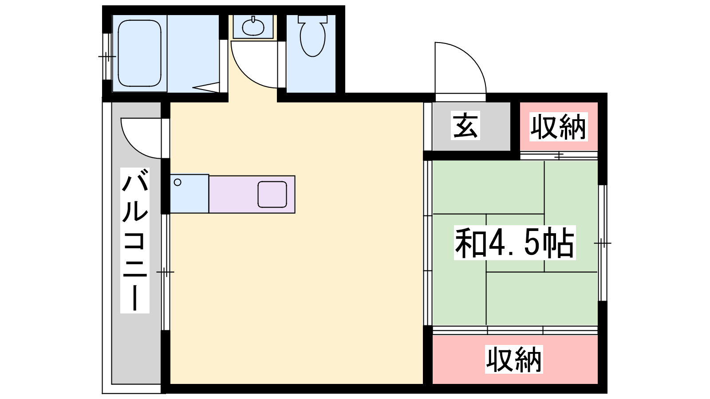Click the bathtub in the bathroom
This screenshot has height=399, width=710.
pos(139,54)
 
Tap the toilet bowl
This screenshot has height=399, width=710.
pos(312,39)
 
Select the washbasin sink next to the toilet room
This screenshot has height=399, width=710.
pos(253,27)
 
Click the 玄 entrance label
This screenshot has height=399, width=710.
pos(465,125)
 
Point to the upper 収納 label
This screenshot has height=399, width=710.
pos(559,127)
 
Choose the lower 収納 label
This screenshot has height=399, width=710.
pos(514,360)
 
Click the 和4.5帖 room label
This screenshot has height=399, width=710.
pos(515,243)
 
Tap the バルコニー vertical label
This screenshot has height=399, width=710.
pos(135,240)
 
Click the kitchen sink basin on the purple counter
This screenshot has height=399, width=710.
pos(272,195)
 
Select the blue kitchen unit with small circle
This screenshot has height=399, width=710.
pos(189,193)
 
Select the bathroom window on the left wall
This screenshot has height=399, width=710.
pos(107,57)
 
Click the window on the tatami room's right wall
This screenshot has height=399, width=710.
pos(603,243)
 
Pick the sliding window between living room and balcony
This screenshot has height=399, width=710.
pos(166,272)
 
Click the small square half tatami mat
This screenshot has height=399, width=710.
pos(515,243)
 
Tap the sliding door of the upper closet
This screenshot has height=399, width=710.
pos(559,156)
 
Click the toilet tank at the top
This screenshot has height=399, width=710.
pos(312,19)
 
